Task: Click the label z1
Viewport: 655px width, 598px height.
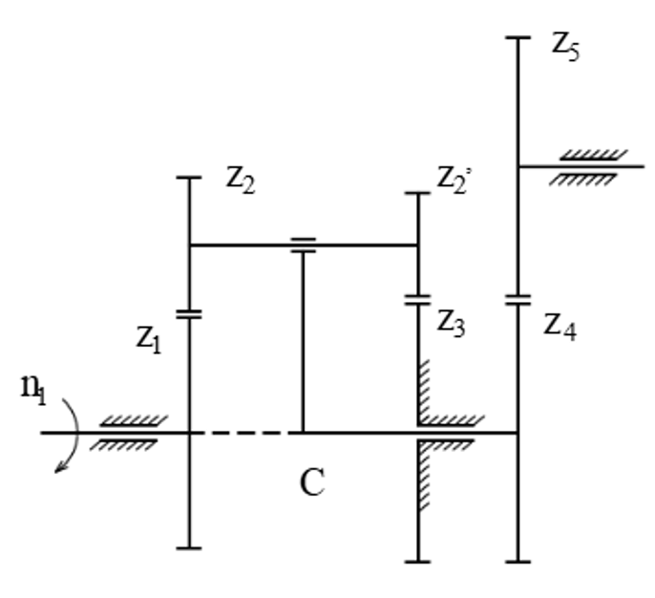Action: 148,337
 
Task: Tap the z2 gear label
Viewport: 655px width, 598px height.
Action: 240,180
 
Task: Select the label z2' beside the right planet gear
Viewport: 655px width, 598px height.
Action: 454,178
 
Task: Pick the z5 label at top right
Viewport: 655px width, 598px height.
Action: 565,47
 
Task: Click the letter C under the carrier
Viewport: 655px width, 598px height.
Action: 311,483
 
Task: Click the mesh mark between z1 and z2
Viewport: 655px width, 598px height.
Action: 189,312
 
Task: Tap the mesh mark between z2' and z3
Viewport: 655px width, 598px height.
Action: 418,299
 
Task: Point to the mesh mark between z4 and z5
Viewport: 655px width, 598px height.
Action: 518,299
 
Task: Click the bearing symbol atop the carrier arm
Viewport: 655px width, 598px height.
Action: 303,246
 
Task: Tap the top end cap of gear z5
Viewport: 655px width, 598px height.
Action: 518,37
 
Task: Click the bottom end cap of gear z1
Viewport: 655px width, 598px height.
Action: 189,547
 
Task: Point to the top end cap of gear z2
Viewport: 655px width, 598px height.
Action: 189,178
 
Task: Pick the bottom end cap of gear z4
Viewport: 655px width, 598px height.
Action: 518,561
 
